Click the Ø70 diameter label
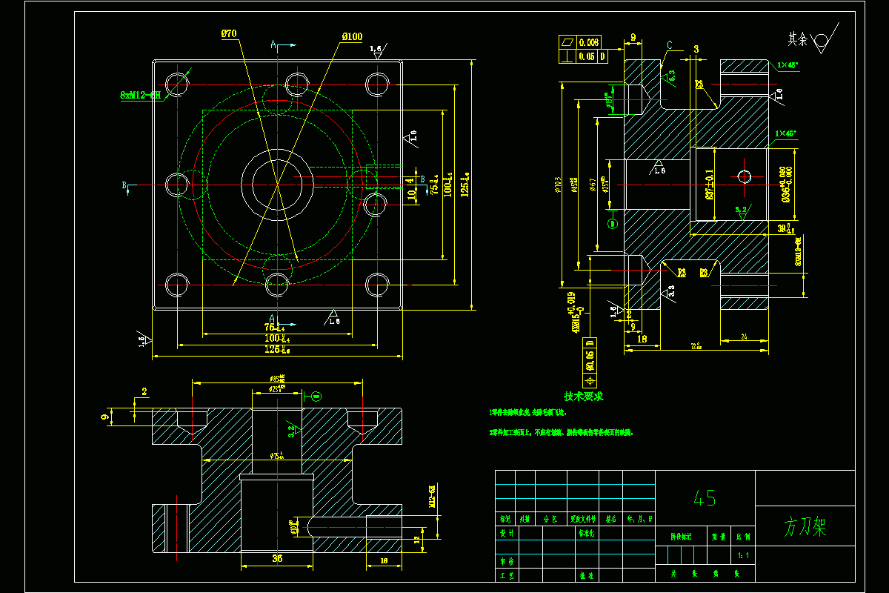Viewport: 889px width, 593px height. tap(229, 33)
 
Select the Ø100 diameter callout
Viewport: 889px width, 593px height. tap(352, 36)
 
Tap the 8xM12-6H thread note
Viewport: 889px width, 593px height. tap(141, 95)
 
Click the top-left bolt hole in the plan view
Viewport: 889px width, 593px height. tap(177, 83)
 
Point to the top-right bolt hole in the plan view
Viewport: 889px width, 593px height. tap(377, 83)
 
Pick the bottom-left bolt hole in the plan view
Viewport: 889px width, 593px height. tap(177, 284)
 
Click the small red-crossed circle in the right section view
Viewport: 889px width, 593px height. tap(745, 176)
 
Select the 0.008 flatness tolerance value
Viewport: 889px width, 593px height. tap(590, 42)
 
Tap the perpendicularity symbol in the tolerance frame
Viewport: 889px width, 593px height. tap(567, 56)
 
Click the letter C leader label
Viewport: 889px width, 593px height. tap(669, 46)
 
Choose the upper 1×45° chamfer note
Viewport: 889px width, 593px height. tap(788, 65)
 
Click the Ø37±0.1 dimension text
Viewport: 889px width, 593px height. tap(710, 185)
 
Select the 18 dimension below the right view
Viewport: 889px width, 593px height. tap(642, 339)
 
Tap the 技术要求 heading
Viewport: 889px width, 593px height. tap(584, 397)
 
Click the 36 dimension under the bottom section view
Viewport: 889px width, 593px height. tap(277, 558)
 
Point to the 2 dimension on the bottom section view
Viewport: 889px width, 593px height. tap(144, 391)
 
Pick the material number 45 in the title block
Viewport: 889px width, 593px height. tap(705, 498)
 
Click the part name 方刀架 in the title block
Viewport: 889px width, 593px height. tap(805, 528)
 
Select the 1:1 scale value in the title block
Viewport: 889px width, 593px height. tap(743, 555)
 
